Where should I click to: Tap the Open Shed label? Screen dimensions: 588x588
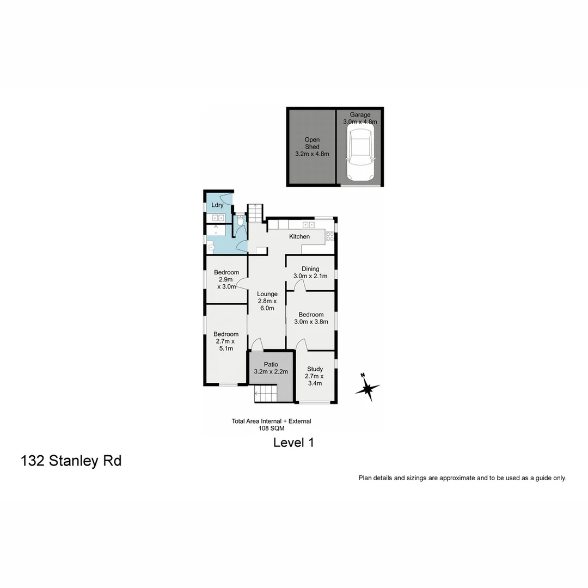pyautogui.click(x=312, y=147)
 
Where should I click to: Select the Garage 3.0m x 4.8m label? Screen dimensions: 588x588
pyautogui.click(x=360, y=118)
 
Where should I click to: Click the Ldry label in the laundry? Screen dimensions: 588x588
pyautogui.click(x=217, y=205)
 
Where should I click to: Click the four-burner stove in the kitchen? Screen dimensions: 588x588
pyautogui.click(x=329, y=236)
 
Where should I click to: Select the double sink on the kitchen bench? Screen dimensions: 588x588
pyautogui.click(x=308, y=225)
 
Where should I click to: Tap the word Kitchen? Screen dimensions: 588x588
pyautogui.click(x=299, y=236)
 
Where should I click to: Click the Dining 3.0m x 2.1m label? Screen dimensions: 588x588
pyautogui.click(x=310, y=272)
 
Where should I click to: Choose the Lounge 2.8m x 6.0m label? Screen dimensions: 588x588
pyautogui.click(x=267, y=301)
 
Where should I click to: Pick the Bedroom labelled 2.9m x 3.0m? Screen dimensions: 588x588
pyautogui.click(x=226, y=279)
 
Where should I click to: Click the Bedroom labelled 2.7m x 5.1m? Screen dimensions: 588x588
pyautogui.click(x=226, y=341)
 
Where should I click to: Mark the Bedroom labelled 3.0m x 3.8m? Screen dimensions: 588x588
pyautogui.click(x=311, y=318)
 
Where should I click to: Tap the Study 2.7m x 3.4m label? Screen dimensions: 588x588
pyautogui.click(x=315, y=376)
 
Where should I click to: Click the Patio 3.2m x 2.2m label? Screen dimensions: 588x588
pyautogui.click(x=271, y=368)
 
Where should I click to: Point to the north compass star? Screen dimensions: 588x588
pyautogui.click(x=367, y=388)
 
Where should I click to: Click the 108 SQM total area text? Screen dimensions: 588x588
pyautogui.click(x=271, y=428)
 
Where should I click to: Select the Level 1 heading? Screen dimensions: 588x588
pyautogui.click(x=293, y=443)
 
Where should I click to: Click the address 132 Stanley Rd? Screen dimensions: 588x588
pyautogui.click(x=71, y=461)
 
